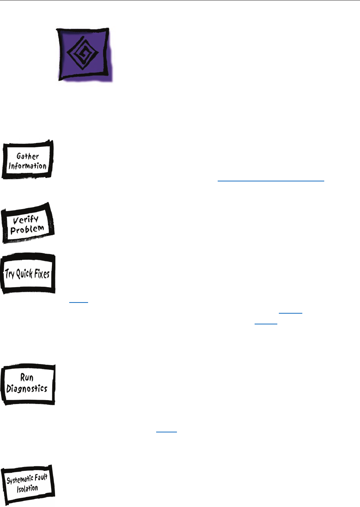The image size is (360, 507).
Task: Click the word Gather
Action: tap(28, 156)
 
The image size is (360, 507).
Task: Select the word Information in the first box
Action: tap(27, 166)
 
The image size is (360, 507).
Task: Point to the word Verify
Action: tap(26, 220)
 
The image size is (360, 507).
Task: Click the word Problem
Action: tap(27, 229)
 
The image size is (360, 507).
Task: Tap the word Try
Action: tap(10, 274)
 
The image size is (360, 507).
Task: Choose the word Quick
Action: tap(24, 274)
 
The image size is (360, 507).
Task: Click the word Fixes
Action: tap(41, 274)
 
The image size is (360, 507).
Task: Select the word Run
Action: tap(27, 377)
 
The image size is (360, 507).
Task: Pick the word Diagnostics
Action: tap(27, 388)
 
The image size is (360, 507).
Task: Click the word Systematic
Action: tap(20, 480)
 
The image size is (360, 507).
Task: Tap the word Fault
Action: tap(40, 478)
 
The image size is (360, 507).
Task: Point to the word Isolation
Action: tap(27, 489)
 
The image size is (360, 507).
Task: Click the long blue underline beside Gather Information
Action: tap(271, 180)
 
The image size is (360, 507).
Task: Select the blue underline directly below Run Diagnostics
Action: tap(167, 432)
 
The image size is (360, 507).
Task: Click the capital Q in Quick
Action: tap(18, 274)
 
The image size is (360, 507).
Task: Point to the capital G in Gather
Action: tap(19, 156)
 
